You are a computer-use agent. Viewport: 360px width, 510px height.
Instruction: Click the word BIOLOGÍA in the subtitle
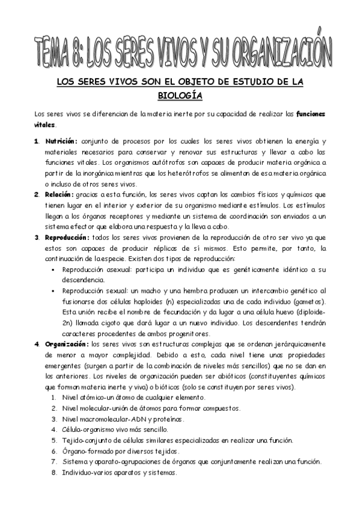(x=180, y=95)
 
